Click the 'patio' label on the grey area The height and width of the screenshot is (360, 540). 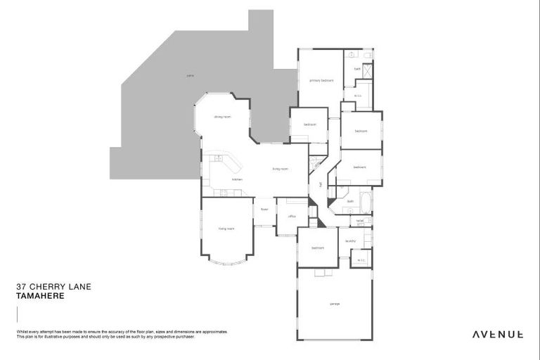pos(190,75)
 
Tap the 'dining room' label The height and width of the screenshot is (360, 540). pos(222,117)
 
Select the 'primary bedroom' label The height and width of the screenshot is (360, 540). pos(321,81)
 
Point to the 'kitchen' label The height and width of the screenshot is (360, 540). pos(218,180)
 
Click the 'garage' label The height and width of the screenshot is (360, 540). pos(335,304)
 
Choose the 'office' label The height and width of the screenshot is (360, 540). pos(291,217)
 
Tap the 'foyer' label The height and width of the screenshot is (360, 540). pos(265,209)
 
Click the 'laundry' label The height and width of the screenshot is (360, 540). pos(350,241)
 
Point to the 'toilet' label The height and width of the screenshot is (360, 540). pos(360,221)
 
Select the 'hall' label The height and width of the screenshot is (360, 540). pos(321,185)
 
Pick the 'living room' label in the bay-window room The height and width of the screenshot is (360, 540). pos(226,229)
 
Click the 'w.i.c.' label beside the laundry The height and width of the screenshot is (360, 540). pos(361,260)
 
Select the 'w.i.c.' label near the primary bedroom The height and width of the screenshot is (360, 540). pos(357,96)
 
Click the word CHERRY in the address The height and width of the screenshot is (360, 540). pos(53,287)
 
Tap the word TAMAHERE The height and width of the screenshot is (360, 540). pos(40,296)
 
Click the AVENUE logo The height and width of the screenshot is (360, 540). pos(497,334)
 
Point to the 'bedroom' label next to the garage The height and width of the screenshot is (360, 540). pos(318,247)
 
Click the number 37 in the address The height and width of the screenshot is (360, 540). pos(22,287)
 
